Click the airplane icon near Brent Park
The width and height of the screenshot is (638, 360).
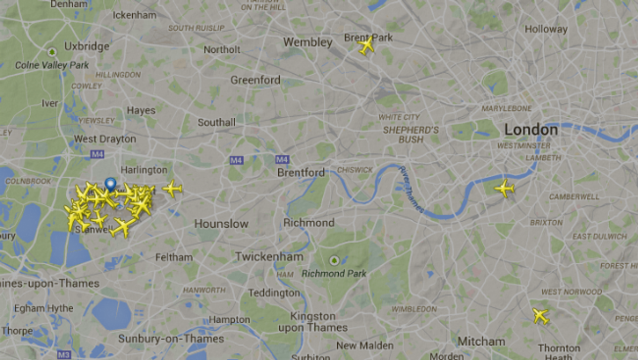(x=366, y=46)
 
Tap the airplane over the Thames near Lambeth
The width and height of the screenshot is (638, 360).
(x=504, y=188)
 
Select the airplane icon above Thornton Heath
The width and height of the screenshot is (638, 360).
(x=540, y=316)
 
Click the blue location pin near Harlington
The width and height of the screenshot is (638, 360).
(x=110, y=184)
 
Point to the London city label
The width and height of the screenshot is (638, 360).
(x=530, y=130)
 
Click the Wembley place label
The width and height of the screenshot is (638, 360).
(x=307, y=43)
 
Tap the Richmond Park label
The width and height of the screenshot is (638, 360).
(x=334, y=273)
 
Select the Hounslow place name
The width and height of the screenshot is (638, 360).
(x=221, y=224)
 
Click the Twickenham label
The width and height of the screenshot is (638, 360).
(x=269, y=257)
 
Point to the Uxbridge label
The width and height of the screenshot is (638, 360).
(x=87, y=47)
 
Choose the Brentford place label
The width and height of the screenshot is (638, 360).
(x=301, y=173)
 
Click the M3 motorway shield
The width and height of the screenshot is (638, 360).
(x=64, y=354)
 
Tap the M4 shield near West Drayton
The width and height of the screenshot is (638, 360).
(x=97, y=154)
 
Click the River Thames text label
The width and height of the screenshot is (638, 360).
(x=411, y=189)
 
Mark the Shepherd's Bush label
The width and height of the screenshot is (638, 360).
(x=411, y=135)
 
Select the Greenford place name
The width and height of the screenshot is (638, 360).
(x=255, y=80)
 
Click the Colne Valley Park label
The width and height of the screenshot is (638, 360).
(x=52, y=65)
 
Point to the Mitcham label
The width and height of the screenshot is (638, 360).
(x=481, y=341)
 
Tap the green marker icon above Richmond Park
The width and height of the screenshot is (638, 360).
(x=334, y=261)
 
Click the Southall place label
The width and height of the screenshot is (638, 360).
(x=217, y=122)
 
